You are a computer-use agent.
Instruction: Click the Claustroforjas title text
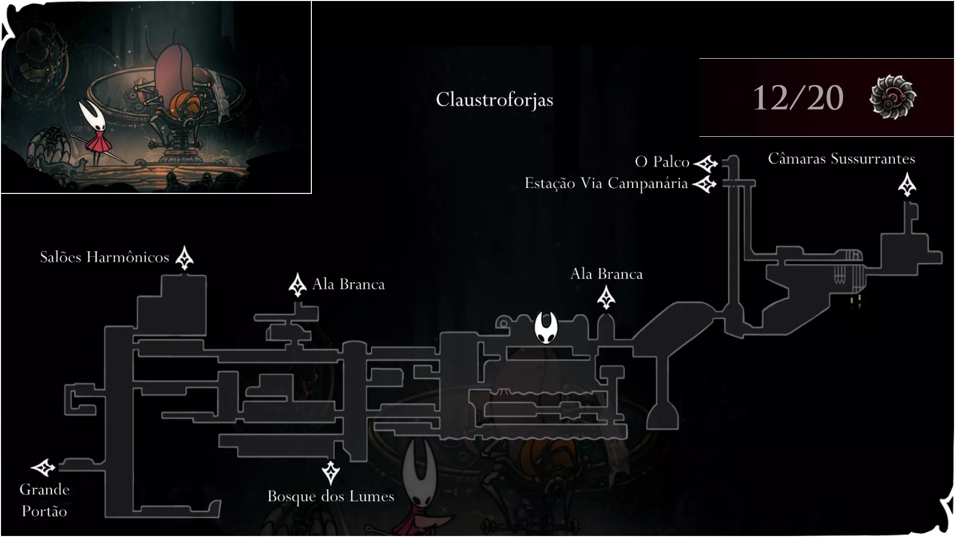(494, 99)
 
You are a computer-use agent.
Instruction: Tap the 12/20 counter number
(798, 97)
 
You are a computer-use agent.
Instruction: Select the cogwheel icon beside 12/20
(893, 97)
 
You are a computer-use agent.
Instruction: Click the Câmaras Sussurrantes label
(842, 159)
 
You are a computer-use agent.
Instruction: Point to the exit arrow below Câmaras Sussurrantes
(907, 184)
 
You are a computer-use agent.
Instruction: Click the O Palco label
(662, 162)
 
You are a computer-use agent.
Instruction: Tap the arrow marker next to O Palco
(706, 163)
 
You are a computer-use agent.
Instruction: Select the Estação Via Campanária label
(606, 183)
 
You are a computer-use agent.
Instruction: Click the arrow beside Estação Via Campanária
(704, 184)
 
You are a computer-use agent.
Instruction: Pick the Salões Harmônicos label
(104, 257)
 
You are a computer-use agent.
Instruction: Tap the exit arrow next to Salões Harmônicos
(185, 258)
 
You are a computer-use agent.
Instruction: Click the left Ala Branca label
(348, 284)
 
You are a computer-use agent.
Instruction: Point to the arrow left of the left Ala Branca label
(297, 285)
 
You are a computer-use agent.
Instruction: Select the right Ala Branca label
(606, 274)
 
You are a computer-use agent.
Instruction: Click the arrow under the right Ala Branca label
(606, 298)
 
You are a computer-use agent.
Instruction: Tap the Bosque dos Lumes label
(331, 496)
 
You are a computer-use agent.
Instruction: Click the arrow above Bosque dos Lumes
(331, 473)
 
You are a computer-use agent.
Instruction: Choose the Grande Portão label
(44, 500)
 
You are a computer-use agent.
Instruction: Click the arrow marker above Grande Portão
(43, 468)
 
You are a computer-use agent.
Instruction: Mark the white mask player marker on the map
(546, 328)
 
